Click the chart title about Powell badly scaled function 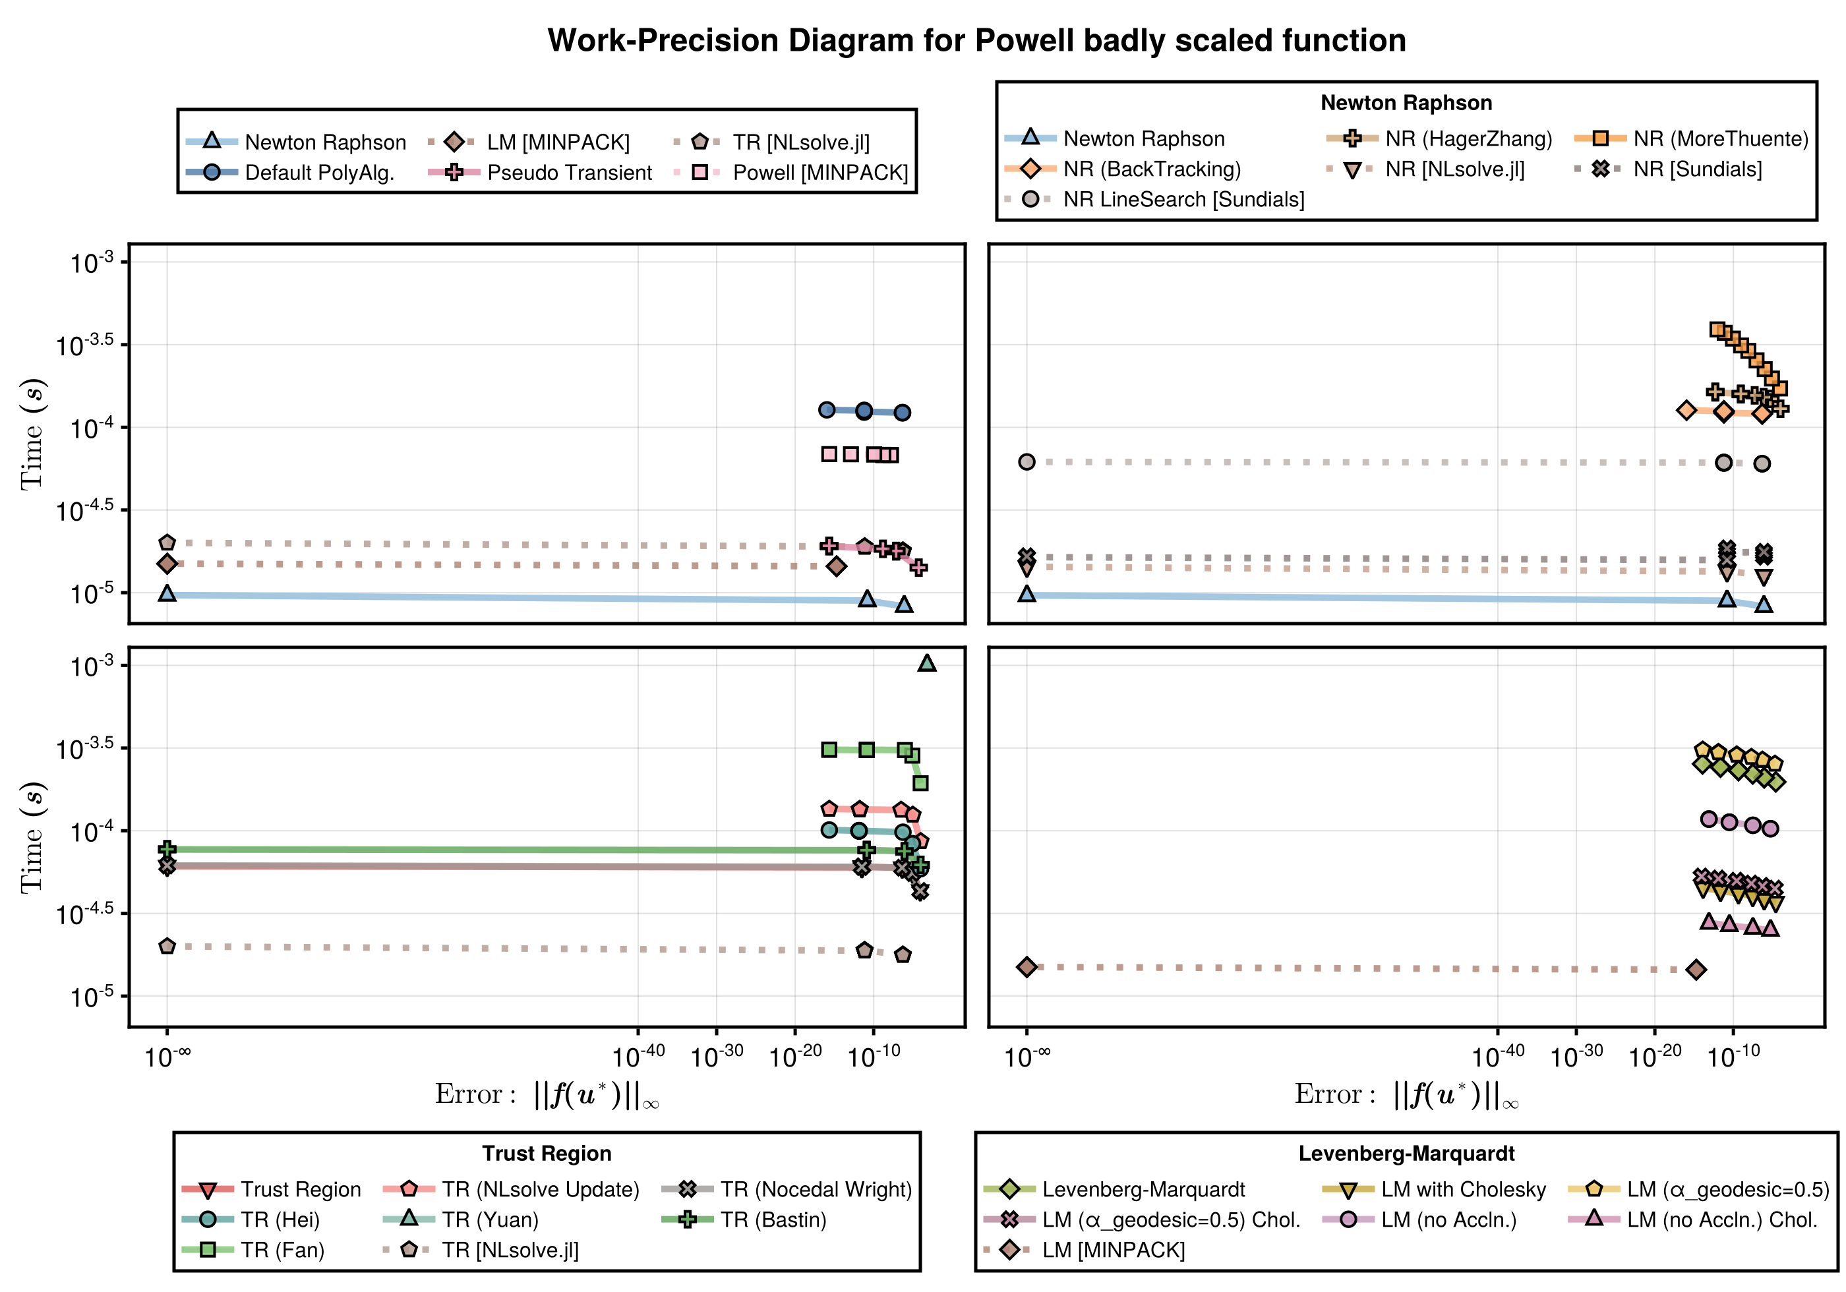click(976, 40)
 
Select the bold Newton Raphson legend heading click(1406, 103)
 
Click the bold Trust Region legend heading click(547, 1154)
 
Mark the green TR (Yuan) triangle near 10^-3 click(927, 663)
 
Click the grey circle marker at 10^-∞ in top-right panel click(1027, 461)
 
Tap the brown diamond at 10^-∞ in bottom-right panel click(1027, 966)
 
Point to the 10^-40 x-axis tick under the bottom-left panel click(638, 1055)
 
